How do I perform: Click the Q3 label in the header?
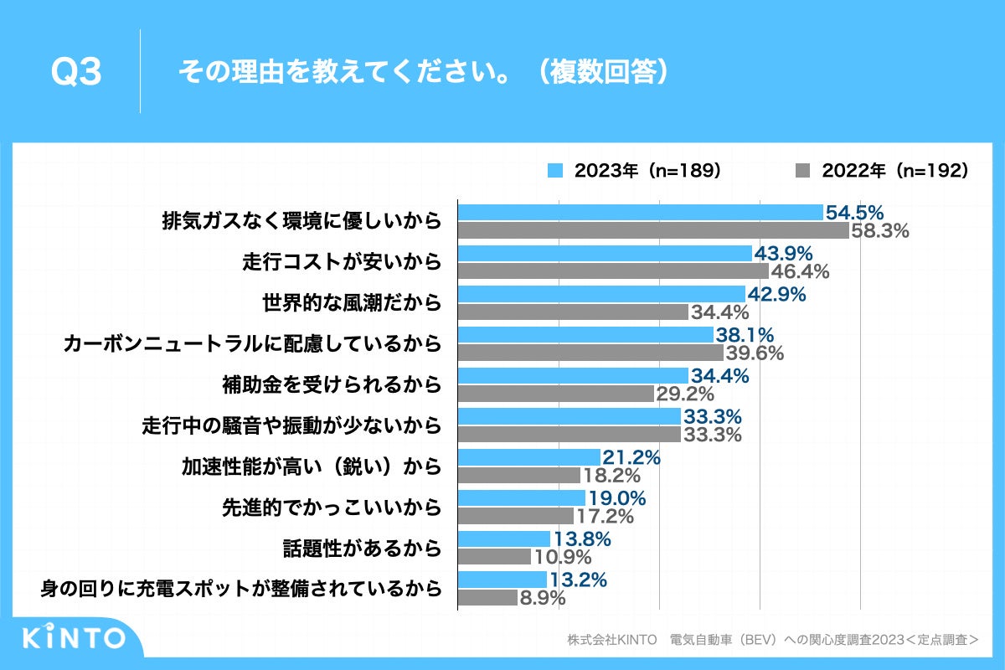(76, 73)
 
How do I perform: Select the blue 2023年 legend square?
(554, 171)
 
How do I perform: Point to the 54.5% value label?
(855, 213)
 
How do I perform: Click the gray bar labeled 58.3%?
(653, 230)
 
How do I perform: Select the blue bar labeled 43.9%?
(605, 253)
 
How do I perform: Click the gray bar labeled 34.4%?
(573, 312)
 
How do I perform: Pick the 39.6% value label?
(754, 353)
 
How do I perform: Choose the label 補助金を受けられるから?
(331, 384)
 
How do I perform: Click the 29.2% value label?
(684, 394)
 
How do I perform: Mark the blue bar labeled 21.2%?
(529, 457)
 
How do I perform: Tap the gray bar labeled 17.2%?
(516, 515)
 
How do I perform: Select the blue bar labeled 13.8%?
(504, 539)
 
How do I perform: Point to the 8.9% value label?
(543, 598)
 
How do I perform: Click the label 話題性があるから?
(361, 548)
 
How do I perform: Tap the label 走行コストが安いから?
(341, 262)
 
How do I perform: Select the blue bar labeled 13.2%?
(502, 580)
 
